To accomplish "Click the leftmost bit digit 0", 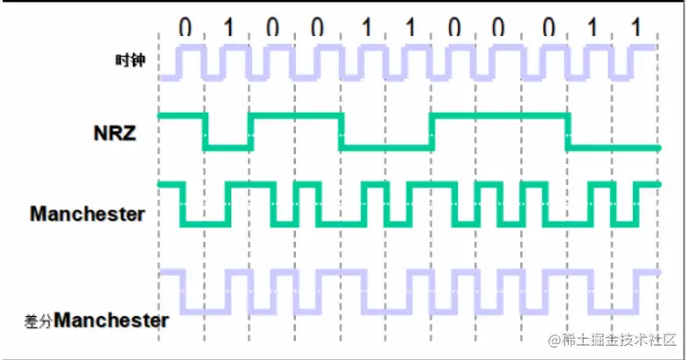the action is (185, 28).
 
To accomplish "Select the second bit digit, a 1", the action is (228, 28).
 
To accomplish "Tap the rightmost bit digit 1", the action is (636, 28).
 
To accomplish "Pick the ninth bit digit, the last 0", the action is (548, 28).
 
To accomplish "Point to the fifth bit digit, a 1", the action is (367, 28).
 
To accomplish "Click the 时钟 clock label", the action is (130, 60).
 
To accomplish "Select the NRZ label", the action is (115, 133).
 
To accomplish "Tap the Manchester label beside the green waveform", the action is (88, 214).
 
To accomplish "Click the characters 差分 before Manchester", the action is (39, 321).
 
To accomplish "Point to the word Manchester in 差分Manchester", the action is (111, 320).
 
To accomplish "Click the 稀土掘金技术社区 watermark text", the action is (612, 340).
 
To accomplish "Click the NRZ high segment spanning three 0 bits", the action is (500, 116).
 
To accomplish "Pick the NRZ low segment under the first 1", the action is (228, 148).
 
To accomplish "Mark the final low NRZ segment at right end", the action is (614, 148).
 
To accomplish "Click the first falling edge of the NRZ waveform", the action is (205, 132).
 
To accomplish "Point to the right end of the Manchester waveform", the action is (659, 185).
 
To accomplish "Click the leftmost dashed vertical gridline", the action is (158, 187).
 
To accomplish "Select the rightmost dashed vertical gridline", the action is (657, 187).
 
